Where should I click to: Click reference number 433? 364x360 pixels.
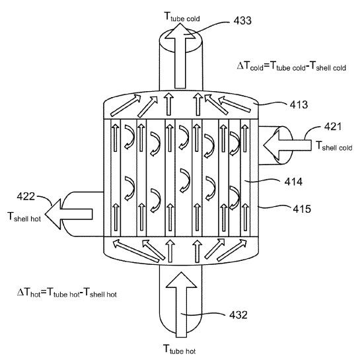242,20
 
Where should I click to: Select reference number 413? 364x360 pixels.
299,104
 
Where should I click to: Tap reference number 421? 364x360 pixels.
333,127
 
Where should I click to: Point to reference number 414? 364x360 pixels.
293,182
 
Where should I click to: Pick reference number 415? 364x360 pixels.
302,209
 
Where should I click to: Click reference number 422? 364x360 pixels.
26,196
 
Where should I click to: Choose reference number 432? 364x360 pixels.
238,315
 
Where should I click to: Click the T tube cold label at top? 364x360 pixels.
182,17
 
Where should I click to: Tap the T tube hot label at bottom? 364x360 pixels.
179,349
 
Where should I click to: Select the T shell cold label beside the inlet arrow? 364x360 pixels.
334,146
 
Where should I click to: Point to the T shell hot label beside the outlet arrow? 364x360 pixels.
24,217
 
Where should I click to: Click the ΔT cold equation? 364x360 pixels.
291,66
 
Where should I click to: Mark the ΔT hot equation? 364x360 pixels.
67,293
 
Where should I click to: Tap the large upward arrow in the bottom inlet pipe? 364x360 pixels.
181,305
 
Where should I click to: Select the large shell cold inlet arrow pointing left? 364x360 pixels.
287,145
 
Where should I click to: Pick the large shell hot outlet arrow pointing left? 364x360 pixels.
69,214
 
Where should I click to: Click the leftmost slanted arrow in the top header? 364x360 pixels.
126,106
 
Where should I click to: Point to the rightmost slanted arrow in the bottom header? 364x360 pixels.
232,250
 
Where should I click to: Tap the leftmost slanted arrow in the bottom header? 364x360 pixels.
136,251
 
